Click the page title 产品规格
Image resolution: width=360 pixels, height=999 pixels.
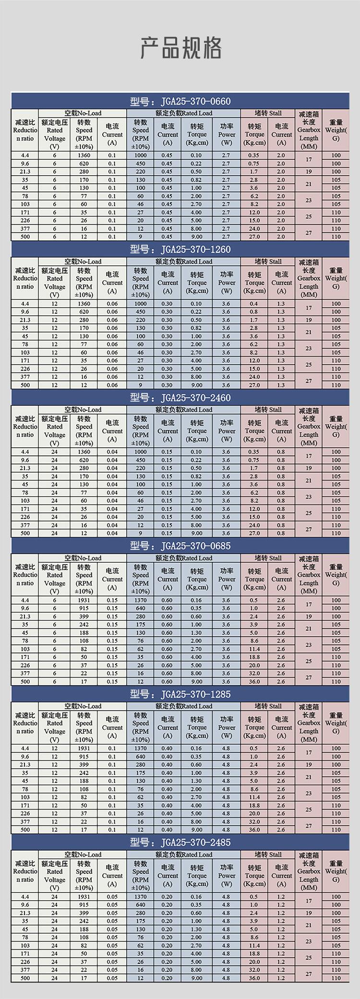pyautogui.click(x=180, y=48)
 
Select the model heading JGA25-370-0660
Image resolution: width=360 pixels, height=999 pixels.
pyautogui.click(x=180, y=101)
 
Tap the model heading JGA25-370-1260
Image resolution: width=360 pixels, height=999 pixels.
pyautogui.click(x=180, y=250)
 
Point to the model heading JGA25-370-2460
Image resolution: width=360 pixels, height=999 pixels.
pyautogui.click(x=180, y=398)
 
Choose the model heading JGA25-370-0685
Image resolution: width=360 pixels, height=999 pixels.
pyautogui.click(x=180, y=546)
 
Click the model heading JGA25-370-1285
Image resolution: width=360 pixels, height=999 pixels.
pyautogui.click(x=180, y=694)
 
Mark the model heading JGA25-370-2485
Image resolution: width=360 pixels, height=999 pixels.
pyautogui.click(x=180, y=843)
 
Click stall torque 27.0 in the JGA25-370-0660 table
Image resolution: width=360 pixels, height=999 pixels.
pyautogui.click(x=254, y=237)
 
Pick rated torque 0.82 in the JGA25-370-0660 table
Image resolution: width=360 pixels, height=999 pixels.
pyautogui.click(x=196, y=179)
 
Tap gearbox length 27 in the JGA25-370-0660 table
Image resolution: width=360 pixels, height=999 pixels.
pyautogui.click(x=309, y=233)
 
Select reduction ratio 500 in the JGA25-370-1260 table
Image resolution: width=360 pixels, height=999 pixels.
pyautogui.click(x=25, y=385)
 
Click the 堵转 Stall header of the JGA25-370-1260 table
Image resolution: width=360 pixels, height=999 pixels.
pyautogui.click(x=268, y=262)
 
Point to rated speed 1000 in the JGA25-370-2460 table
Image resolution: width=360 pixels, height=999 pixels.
pyautogui.click(x=140, y=452)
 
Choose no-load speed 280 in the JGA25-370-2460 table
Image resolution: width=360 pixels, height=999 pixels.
pyautogui.click(x=84, y=468)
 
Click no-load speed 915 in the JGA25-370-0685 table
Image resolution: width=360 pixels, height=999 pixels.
pyautogui.click(x=84, y=608)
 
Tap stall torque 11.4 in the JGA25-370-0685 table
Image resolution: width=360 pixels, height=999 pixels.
pyautogui.click(x=254, y=649)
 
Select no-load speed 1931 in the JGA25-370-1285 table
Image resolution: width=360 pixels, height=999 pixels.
pyautogui.click(x=84, y=749)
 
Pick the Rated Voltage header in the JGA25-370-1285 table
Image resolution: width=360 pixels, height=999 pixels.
pyautogui.click(x=55, y=727)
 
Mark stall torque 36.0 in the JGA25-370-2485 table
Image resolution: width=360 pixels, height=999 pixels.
pyautogui.click(x=254, y=978)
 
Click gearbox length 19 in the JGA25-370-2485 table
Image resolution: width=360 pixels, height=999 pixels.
pyautogui.click(x=309, y=913)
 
